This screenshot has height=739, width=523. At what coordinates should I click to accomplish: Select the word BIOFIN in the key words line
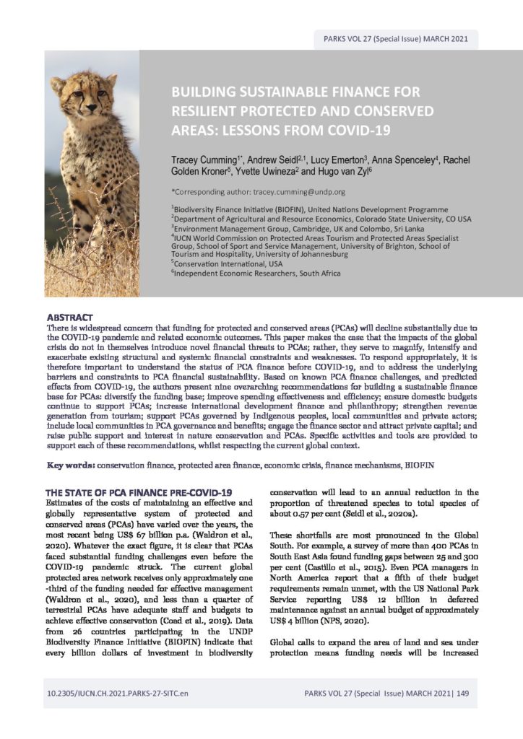[436, 445]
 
